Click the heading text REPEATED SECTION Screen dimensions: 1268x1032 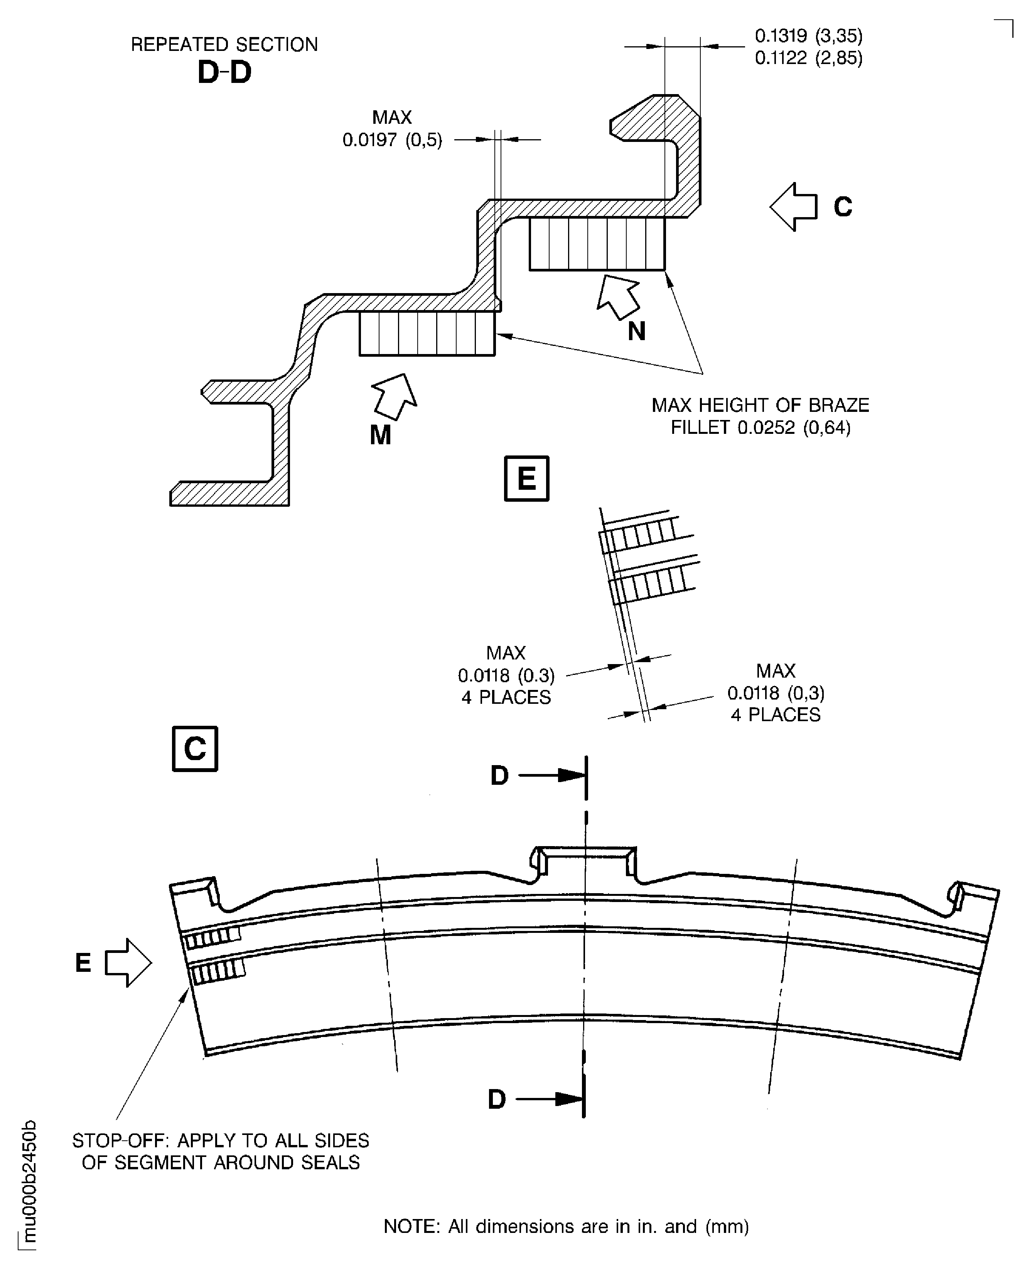224,45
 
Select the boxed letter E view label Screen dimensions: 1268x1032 526,479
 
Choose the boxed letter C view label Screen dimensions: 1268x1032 195,749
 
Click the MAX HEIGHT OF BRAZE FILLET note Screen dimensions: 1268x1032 761,416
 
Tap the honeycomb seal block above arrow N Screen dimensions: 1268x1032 597,244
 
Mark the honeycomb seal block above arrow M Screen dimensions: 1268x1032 427,334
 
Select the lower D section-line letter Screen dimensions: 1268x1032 497,1100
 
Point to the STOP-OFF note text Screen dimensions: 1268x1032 221,1152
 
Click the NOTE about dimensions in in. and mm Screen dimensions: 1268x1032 566,1226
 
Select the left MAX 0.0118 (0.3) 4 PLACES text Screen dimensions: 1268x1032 506,675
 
